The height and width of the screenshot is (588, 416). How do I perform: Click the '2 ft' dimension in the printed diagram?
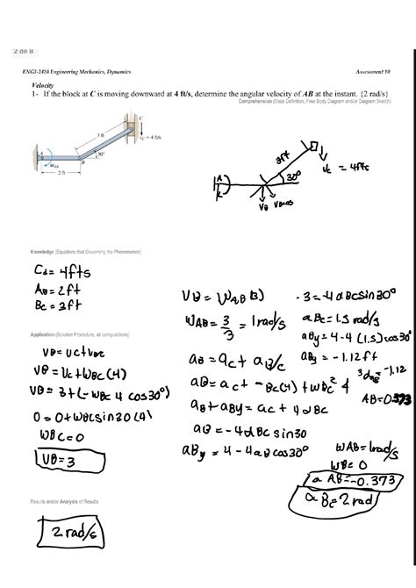58,174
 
